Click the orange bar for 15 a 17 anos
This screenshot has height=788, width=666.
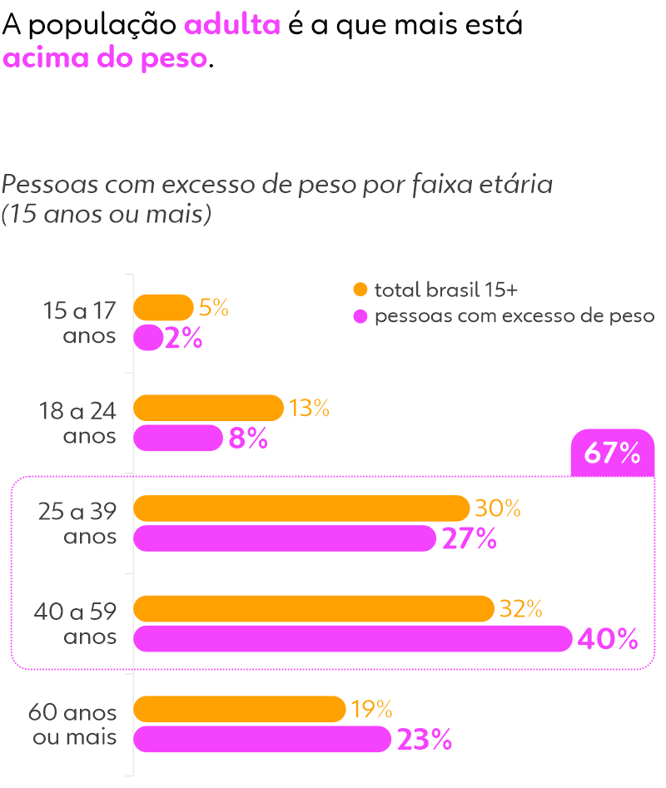coord(163,308)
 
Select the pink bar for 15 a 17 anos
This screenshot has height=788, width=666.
coord(147,338)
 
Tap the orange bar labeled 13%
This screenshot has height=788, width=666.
coord(208,408)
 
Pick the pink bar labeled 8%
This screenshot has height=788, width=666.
coord(178,438)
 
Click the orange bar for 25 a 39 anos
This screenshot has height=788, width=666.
coord(301,508)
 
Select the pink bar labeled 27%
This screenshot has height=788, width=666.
coord(285,538)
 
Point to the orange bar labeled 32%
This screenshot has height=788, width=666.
coord(314,609)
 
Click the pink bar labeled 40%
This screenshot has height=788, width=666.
coord(353,639)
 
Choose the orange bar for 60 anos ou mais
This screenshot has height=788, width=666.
coord(240,709)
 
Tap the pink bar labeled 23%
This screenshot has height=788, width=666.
coord(262,739)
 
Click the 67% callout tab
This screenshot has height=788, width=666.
coord(613,453)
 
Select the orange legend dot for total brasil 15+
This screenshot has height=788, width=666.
coord(360,290)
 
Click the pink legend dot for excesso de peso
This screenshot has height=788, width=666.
coord(360,316)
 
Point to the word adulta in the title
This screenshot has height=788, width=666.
coord(232,25)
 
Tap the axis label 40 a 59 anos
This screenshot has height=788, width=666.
coord(77,624)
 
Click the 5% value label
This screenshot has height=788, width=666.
coord(214,308)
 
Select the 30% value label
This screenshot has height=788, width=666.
coord(498,508)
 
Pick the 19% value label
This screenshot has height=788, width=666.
coord(371,709)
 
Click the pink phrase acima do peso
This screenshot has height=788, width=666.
coord(105,59)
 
